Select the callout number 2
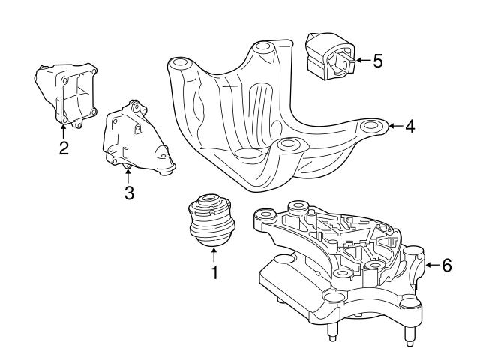point(64,147)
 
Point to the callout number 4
point(409,127)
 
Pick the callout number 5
point(377,61)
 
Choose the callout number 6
point(446,265)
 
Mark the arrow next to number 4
point(395,127)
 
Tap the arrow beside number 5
point(361,61)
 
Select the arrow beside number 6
point(431,265)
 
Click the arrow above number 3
point(128,175)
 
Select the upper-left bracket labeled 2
point(66,94)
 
